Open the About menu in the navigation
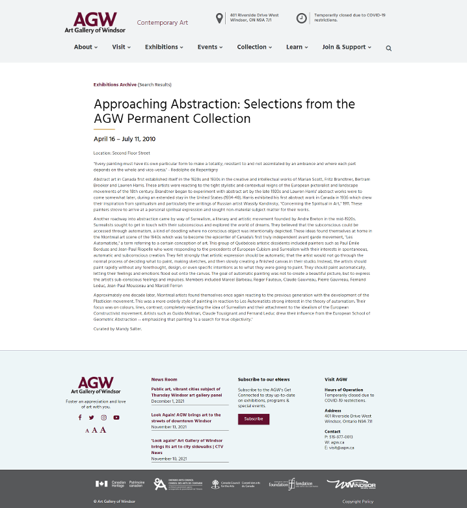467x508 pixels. (x=85, y=47)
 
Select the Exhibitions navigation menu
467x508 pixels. (x=164, y=47)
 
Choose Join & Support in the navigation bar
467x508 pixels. (x=347, y=47)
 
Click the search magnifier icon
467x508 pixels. (x=389, y=48)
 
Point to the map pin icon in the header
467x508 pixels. (x=220, y=18)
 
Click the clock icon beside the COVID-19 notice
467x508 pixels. (x=302, y=18)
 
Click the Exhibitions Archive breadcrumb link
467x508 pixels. (x=115, y=84)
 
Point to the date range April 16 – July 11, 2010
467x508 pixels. (x=124, y=139)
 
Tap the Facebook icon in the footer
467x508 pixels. (x=80, y=418)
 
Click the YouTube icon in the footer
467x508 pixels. (x=116, y=418)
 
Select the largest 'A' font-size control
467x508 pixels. (x=103, y=430)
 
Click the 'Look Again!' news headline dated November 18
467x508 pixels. (x=186, y=418)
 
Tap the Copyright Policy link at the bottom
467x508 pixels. (x=358, y=502)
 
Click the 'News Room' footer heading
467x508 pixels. (x=164, y=379)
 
